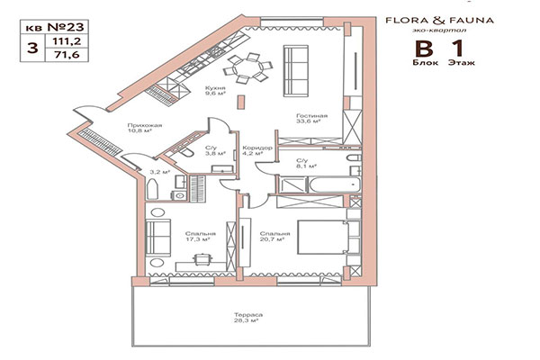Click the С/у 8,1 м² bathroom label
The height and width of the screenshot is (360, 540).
307,163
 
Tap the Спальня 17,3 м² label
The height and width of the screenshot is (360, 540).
190,237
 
